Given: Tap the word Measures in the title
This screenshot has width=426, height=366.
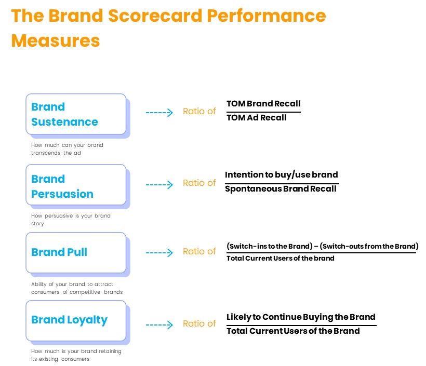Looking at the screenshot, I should point(56,40).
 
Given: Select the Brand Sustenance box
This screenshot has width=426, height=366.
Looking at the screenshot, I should point(76,114).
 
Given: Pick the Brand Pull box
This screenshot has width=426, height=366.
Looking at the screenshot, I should point(76,253).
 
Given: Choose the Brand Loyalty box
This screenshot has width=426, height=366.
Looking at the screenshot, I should point(76,320).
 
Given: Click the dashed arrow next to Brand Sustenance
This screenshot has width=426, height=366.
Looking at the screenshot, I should point(159,112).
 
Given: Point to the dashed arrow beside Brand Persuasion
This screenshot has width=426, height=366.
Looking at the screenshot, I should point(159,184).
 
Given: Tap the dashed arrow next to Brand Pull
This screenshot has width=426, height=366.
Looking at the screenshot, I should point(159,253).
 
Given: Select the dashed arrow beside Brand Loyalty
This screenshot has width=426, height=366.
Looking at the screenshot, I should point(159,325).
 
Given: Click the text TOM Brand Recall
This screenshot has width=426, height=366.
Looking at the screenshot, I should point(263,104).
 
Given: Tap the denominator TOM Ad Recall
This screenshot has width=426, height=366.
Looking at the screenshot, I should point(256,118).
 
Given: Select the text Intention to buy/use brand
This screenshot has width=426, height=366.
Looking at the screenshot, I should point(281,174).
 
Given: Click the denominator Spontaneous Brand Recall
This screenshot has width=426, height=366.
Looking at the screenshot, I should point(281,188).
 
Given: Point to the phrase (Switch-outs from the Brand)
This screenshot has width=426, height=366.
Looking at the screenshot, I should point(370,246).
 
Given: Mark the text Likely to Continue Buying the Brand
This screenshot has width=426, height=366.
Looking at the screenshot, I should point(301,317).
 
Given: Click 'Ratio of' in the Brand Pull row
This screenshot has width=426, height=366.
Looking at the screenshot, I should point(199,251).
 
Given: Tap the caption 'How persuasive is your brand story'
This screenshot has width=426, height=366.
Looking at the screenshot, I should point(71,220).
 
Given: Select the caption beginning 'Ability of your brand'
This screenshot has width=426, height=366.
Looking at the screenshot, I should point(76,288).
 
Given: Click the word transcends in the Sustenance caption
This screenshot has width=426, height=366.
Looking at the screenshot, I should point(46,153).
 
